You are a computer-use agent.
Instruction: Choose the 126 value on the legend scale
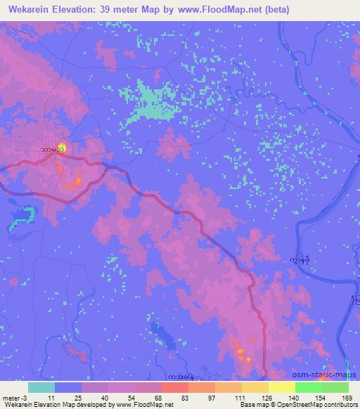[x=267, y=397]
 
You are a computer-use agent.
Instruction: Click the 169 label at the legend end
[x=347, y=397]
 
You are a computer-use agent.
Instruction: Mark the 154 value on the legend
[x=320, y=397]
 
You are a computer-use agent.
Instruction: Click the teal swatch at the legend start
[x=41, y=387]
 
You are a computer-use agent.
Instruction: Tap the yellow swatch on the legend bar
[x=282, y=387]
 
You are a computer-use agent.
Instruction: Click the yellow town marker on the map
[x=62, y=148]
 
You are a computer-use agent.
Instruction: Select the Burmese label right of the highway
[x=298, y=259]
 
